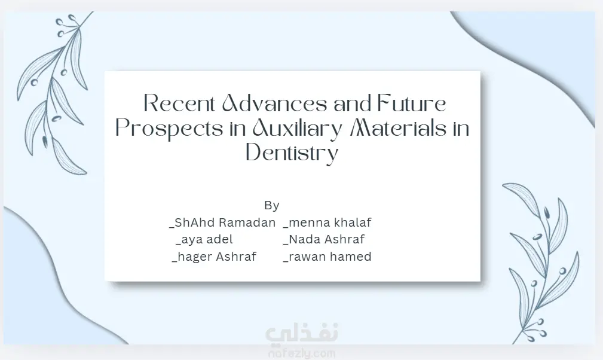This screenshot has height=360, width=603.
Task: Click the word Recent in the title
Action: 179,103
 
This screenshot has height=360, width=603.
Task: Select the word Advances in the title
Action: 274,103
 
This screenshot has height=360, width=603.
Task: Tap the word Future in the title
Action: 412,103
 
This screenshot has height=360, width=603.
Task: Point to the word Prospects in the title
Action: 169,129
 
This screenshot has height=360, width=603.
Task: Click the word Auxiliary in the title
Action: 297,129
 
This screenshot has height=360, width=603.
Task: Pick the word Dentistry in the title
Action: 292,152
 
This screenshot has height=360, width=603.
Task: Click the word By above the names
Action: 272,205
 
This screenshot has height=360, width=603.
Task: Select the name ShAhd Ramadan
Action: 222,222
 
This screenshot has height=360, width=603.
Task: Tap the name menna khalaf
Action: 327,222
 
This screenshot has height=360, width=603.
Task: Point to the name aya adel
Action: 204,239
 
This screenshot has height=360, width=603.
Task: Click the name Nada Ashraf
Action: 324,239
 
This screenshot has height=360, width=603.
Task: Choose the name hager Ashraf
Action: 214,257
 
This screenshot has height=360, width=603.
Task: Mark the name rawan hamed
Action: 327,257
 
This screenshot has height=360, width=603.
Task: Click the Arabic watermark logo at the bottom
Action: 302,333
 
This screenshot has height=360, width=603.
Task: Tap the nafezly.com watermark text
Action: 302,353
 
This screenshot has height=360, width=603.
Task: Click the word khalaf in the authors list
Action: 353,222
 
